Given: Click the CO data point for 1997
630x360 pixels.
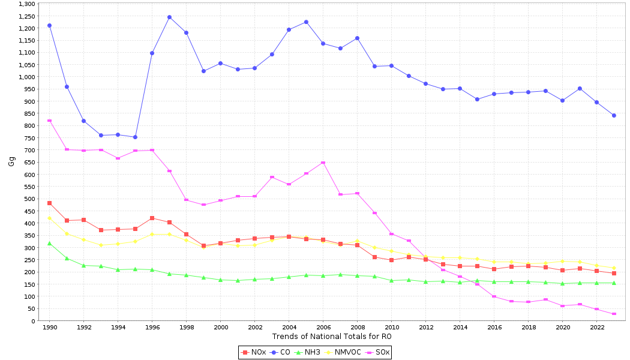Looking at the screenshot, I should click(x=169, y=17).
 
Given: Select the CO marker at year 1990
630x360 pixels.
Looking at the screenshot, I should click(x=49, y=25).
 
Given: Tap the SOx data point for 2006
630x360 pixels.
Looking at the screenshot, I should click(x=323, y=163).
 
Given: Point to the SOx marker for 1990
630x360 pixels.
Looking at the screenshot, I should click(x=49, y=121).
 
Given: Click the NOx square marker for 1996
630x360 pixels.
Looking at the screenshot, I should click(x=152, y=218).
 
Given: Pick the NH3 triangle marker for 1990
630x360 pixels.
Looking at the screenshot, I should click(x=49, y=243).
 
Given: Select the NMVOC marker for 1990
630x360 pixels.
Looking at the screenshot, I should click(x=49, y=218).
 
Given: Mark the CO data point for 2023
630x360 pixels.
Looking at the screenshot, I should click(x=614, y=115).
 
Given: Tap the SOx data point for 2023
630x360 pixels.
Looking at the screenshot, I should click(x=614, y=314).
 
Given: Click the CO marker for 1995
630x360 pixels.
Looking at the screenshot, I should click(x=135, y=137).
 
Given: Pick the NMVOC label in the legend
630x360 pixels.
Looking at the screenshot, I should click(x=347, y=352).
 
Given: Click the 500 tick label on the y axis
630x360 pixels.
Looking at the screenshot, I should click(x=30, y=199).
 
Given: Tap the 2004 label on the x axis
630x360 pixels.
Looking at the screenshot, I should click(x=289, y=328).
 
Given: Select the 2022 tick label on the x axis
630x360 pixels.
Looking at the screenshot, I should click(x=597, y=328).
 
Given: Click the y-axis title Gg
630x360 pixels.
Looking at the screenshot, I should click(x=11, y=161).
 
